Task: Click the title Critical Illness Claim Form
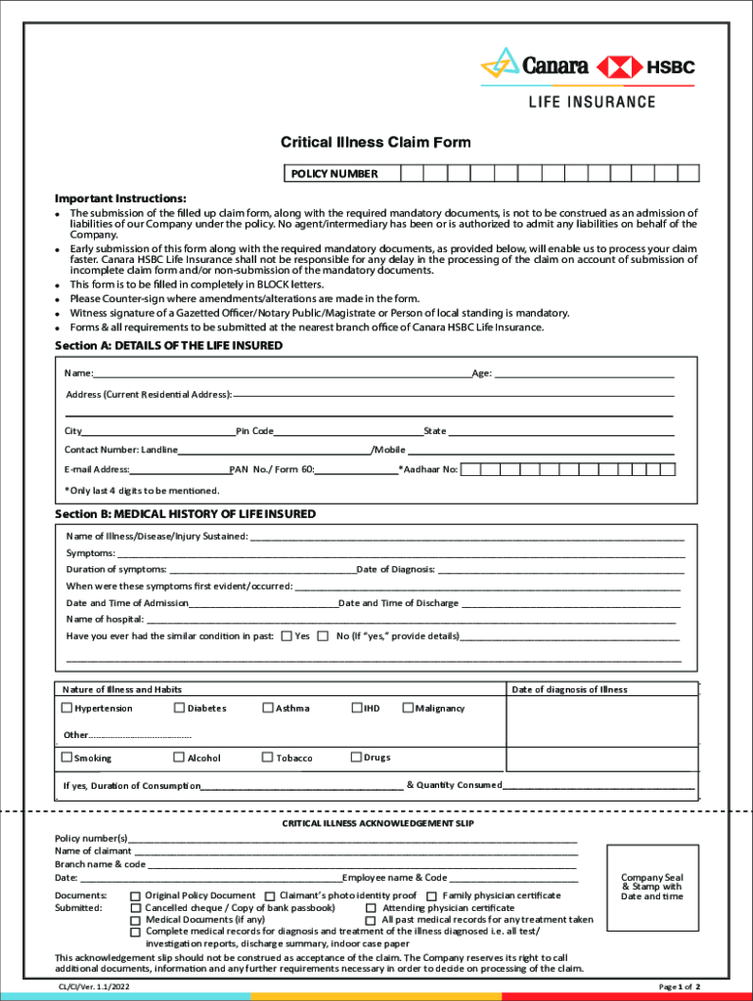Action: click(376, 143)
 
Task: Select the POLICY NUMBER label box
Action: click(332, 174)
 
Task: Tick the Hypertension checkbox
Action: click(66, 708)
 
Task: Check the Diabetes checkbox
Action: click(180, 708)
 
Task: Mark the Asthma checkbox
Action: click(268, 708)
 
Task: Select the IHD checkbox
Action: click(356, 708)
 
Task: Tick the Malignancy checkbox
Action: click(408, 708)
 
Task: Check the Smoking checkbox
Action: click(66, 757)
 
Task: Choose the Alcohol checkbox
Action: click(179, 757)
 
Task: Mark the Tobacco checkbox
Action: click(268, 757)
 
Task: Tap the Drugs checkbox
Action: click(356, 757)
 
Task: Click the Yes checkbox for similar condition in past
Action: click(286, 636)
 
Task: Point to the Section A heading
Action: click(168, 346)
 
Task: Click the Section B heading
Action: click(185, 514)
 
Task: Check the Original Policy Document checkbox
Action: click(136, 895)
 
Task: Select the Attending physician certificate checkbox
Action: click(372, 907)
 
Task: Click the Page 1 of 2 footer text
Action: click(680, 987)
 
